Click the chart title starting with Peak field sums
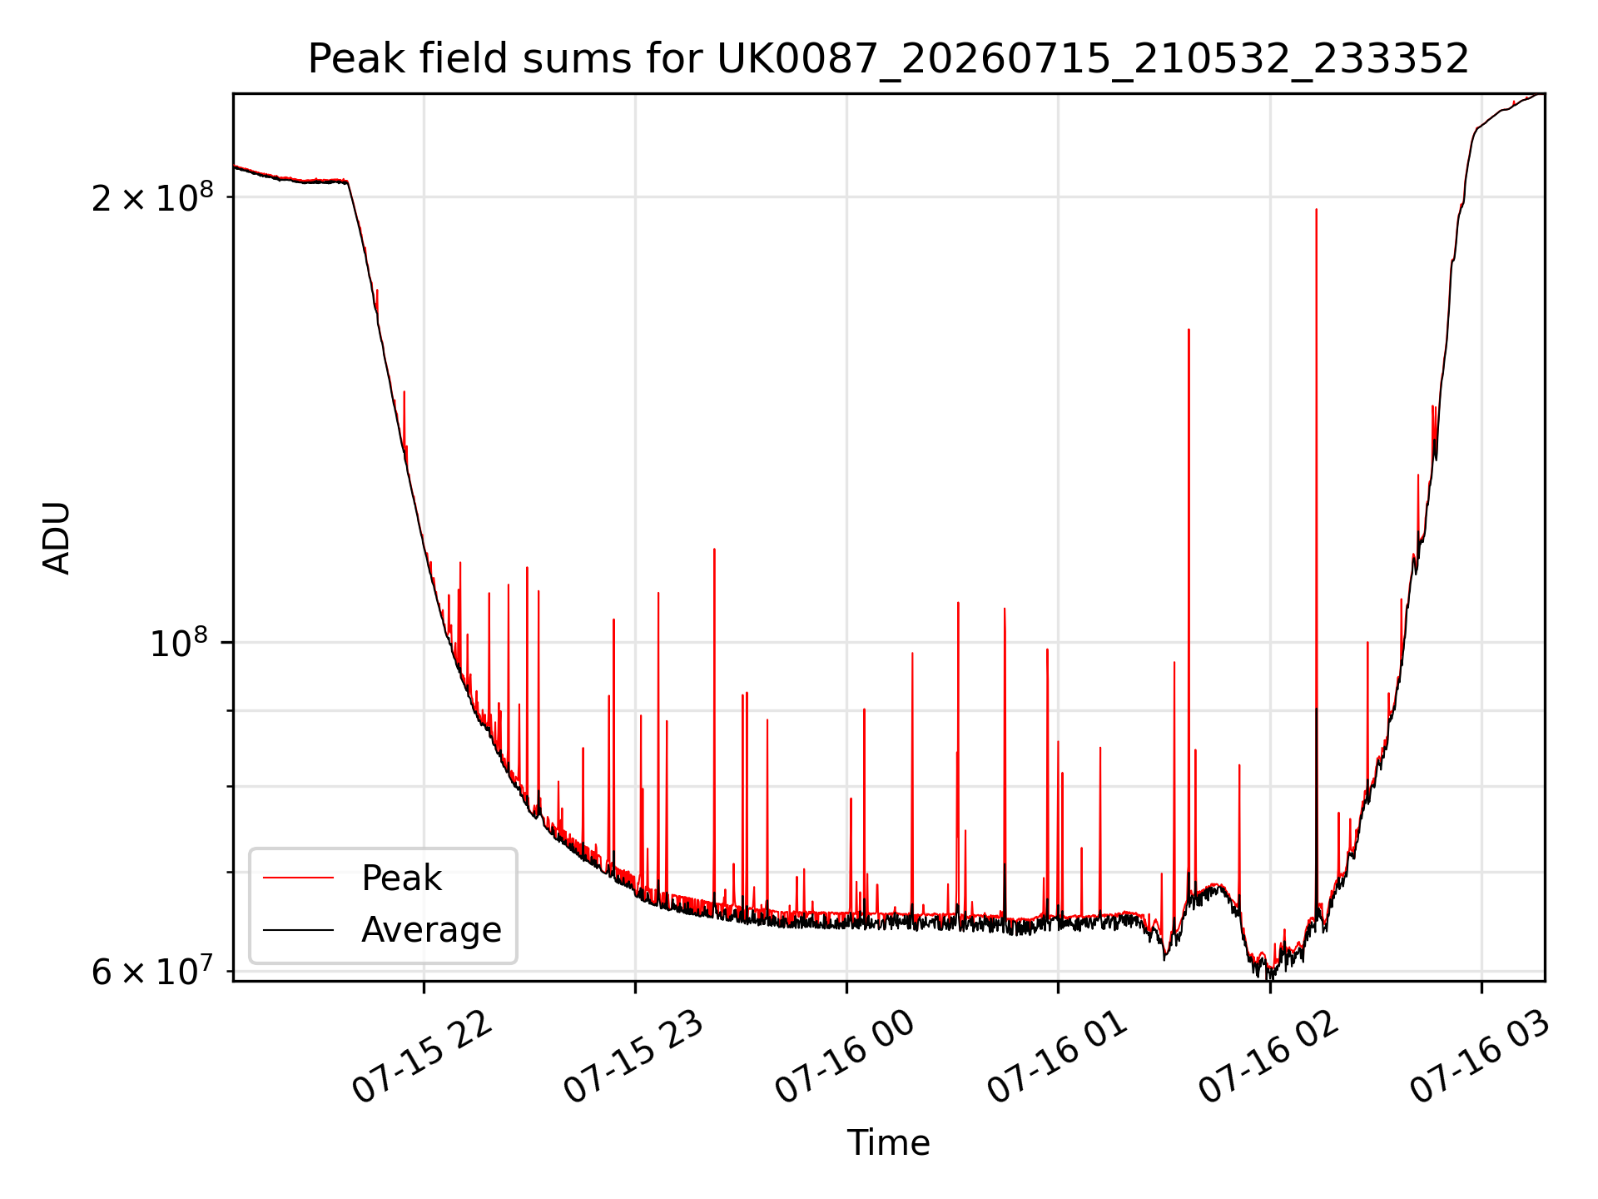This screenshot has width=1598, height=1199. [888, 59]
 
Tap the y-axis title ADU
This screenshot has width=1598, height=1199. [57, 538]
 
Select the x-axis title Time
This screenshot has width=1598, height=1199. [888, 1142]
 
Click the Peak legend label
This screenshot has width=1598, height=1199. [401, 878]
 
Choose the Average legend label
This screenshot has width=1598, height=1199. [431, 929]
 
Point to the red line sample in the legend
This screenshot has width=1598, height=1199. [298, 878]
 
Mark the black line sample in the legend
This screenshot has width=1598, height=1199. [298, 929]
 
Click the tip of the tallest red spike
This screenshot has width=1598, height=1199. [1316, 209]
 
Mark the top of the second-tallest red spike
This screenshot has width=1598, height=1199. [1189, 329]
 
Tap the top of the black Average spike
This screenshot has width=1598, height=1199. [1316, 708]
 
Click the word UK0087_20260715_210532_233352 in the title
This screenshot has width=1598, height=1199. [1093, 59]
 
